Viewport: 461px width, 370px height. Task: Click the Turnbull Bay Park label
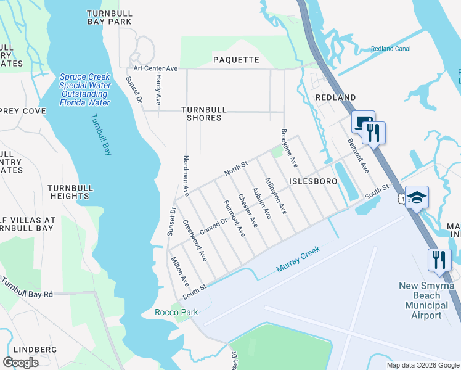[110, 17]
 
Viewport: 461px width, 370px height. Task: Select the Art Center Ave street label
[156, 68]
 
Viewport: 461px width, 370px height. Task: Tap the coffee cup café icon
[362, 123]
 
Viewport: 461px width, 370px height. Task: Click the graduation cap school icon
[417, 197]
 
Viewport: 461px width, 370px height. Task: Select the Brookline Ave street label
[289, 149]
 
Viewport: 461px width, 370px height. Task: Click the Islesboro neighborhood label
[312, 182]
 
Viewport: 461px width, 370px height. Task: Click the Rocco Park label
[176, 312]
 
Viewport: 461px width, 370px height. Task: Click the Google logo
[20, 363]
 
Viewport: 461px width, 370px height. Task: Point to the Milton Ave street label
[179, 271]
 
